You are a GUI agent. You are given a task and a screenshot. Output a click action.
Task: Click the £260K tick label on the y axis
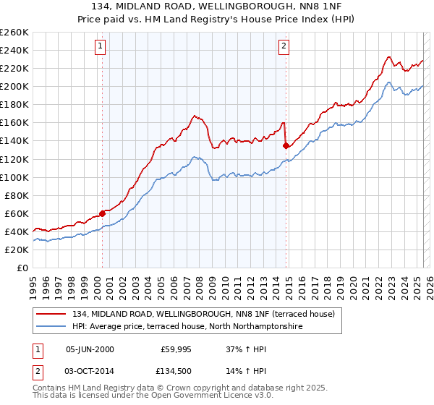[x=14, y=33]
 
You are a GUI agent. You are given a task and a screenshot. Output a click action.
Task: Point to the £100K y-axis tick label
[x=14, y=177]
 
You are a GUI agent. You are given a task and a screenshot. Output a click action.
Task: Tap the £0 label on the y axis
[x=22, y=268]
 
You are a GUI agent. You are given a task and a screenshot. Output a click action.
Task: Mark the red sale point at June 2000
[x=102, y=213]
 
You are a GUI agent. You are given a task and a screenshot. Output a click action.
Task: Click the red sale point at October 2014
[x=286, y=146]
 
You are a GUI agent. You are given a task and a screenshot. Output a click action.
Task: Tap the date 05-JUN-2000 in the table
[x=90, y=349]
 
